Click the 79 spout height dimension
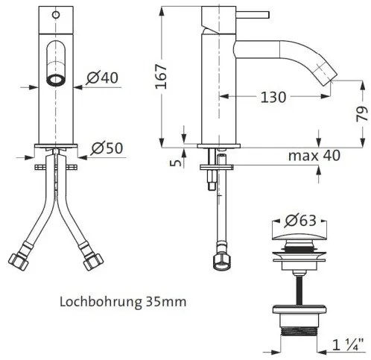361,112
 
